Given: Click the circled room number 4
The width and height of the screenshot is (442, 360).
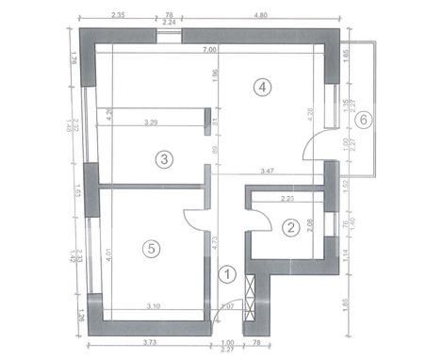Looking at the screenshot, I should click(x=263, y=87).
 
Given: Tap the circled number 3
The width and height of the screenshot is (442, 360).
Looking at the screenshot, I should click(x=164, y=159).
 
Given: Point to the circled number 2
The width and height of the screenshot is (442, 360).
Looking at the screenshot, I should click(x=291, y=226).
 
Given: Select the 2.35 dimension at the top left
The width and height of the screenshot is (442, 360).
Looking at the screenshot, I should click(x=119, y=16).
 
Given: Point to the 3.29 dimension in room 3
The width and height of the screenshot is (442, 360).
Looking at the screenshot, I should click(x=151, y=123).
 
